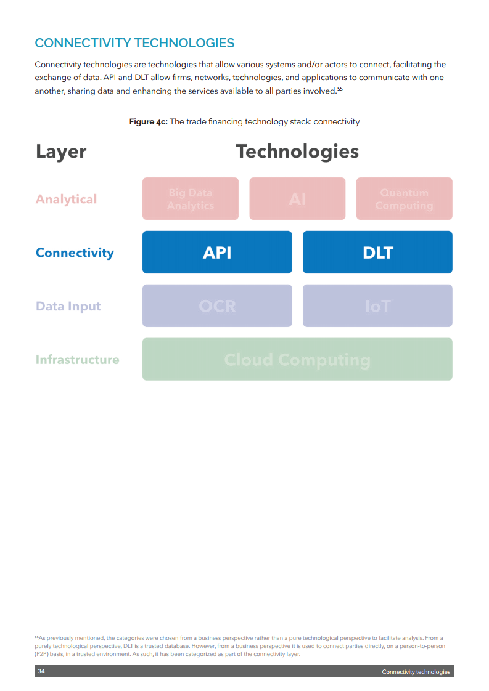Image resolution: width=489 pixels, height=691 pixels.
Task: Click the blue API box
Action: tap(217, 252)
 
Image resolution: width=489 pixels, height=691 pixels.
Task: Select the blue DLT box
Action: tap(377, 252)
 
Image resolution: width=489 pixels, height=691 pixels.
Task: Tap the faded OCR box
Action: tap(217, 305)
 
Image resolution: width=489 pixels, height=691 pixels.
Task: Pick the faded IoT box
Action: tap(377, 305)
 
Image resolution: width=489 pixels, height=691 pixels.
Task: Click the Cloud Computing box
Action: tap(297, 359)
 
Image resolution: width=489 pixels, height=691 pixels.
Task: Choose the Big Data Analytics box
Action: tap(191, 199)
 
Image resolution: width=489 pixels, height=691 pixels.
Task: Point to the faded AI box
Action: tap(297, 199)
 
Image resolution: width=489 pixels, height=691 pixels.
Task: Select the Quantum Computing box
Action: tap(404, 199)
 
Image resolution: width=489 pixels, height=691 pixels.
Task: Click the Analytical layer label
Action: tap(66, 199)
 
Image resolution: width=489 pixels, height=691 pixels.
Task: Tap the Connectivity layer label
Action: tap(75, 253)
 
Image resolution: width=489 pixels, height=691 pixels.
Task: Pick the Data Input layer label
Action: tap(68, 306)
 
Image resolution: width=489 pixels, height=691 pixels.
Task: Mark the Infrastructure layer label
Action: tap(77, 360)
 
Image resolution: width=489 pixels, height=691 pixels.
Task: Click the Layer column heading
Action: tap(60, 152)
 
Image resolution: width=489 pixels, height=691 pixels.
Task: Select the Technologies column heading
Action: tap(297, 152)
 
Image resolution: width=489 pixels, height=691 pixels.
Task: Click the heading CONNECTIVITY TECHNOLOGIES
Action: tap(134, 43)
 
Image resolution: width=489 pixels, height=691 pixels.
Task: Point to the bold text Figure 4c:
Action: tap(148, 122)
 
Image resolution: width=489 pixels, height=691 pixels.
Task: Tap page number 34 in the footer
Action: tap(41, 671)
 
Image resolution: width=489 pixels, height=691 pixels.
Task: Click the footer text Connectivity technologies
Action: tap(416, 672)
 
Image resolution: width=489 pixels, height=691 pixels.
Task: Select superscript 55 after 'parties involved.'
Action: tap(340, 89)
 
